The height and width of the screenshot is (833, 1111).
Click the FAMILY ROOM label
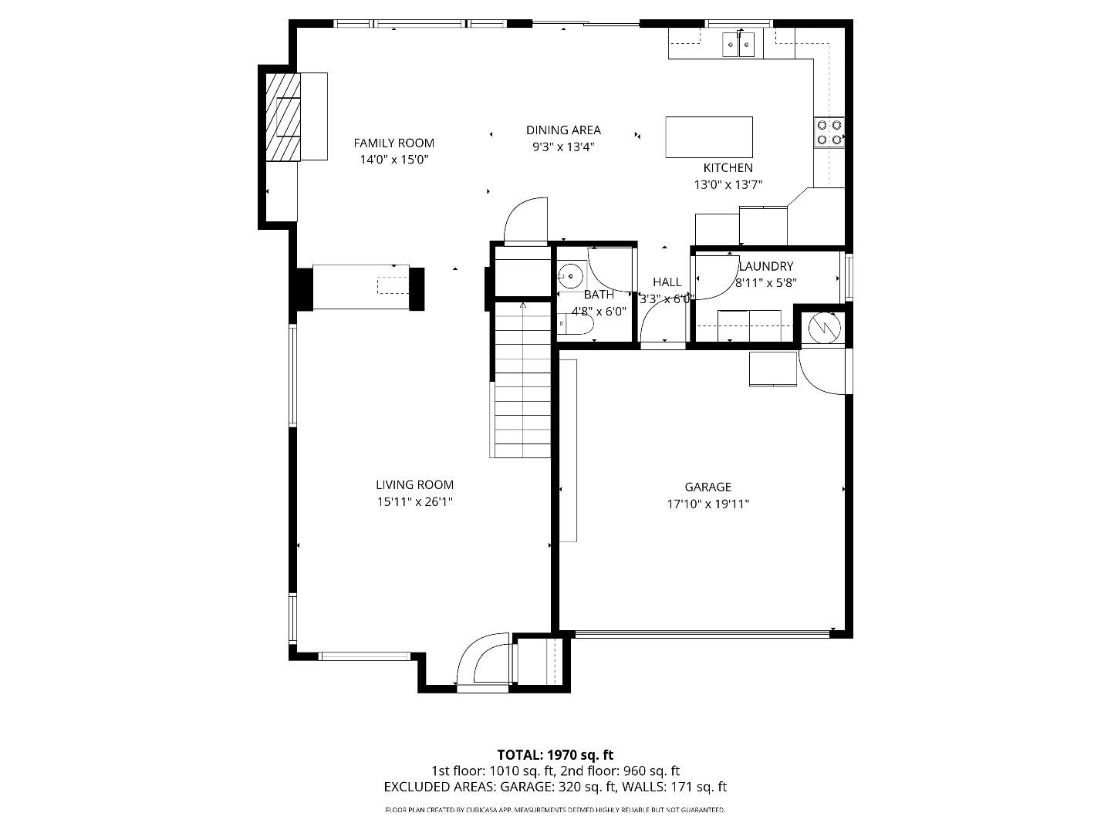(393, 143)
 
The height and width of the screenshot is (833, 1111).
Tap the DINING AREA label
(563, 130)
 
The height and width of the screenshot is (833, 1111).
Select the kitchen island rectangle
(708, 137)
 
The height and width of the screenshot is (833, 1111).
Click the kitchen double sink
(739, 46)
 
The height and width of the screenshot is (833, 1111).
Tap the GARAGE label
(707, 487)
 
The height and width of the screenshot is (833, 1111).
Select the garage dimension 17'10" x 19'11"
(707, 504)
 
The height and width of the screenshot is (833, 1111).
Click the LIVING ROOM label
(414, 485)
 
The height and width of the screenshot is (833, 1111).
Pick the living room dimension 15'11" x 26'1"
(414, 502)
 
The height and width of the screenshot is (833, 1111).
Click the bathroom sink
(570, 274)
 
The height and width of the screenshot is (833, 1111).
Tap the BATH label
(599, 295)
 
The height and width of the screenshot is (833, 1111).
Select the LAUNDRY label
(766, 266)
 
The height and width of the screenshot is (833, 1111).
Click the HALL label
(667, 282)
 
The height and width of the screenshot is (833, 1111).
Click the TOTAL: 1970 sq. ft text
(555, 754)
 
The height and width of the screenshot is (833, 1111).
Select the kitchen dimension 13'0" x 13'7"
(728, 184)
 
